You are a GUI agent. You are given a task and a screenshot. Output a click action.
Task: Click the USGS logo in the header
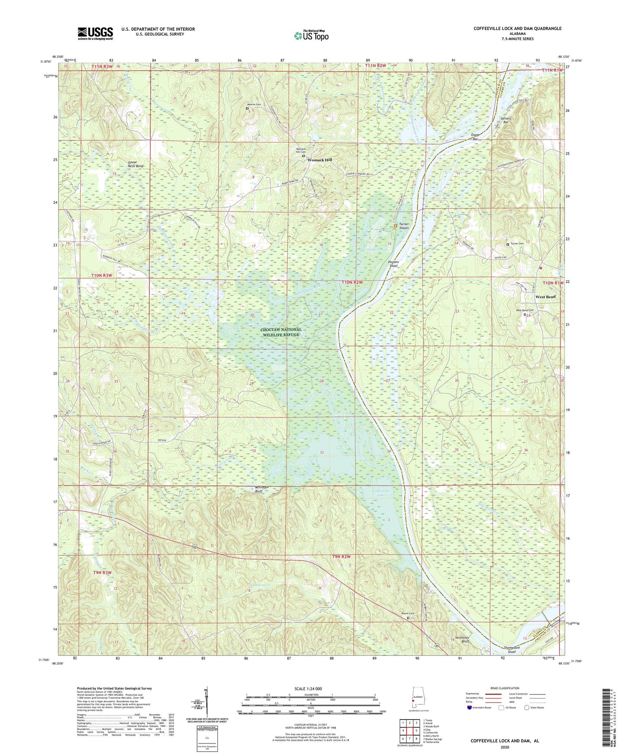tap(95, 33)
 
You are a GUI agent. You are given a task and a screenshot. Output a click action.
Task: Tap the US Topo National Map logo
tap(311, 36)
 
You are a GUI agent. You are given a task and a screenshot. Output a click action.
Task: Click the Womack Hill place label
tap(319, 160)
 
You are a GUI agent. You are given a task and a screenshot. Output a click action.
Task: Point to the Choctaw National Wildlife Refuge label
tap(281, 332)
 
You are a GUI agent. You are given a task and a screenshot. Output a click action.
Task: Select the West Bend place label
tap(545, 297)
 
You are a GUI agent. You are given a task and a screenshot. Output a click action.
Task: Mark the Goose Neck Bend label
tap(136, 164)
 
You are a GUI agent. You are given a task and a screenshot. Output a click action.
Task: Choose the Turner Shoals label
tap(404, 226)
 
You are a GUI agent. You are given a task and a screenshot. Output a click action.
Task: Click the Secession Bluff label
tap(460, 641)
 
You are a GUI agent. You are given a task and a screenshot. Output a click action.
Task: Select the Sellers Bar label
tap(506, 120)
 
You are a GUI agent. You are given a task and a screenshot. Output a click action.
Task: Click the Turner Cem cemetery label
tap(517, 244)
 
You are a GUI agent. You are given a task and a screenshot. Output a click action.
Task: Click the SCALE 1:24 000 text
tap(310, 689)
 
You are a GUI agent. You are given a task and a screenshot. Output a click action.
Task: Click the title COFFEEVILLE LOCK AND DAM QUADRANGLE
tap(517, 29)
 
